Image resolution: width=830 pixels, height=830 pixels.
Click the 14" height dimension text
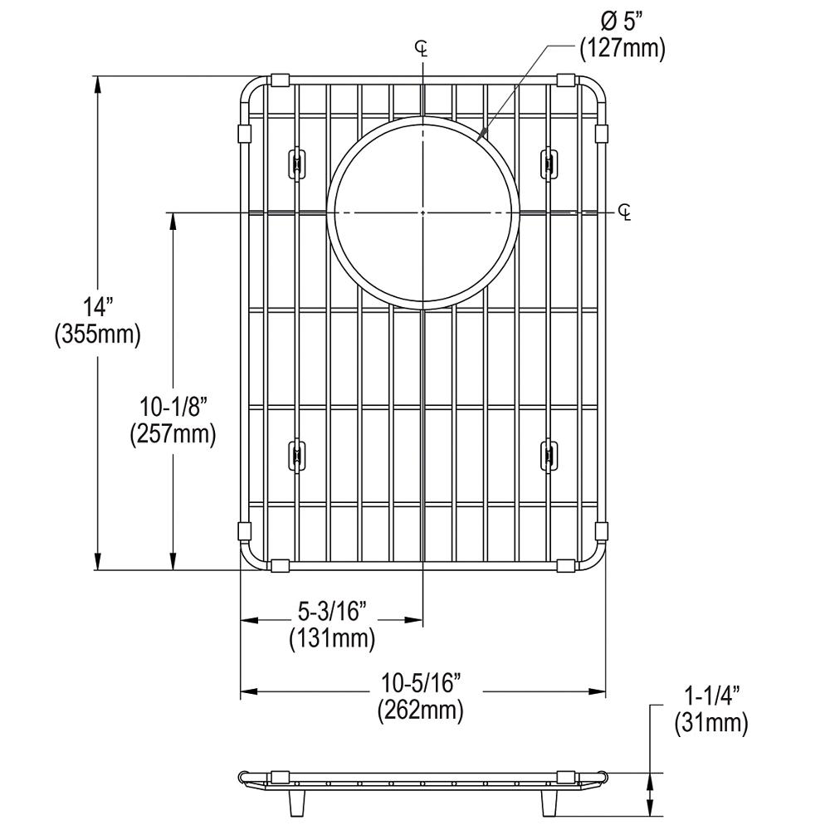pos(97,307)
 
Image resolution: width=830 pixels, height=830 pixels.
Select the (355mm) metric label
pos(97,334)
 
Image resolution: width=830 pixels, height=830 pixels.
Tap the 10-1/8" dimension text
pos(173,407)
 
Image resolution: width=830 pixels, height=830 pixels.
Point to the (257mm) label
pos(173,434)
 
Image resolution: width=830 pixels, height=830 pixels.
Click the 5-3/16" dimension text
pos(331,612)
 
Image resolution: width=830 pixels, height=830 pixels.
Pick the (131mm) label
pos(331,639)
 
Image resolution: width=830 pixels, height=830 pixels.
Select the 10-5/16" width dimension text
pos(421,683)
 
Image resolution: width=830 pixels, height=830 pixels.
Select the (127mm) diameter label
pos(622,48)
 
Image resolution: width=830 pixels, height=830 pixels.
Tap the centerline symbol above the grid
pos(422,49)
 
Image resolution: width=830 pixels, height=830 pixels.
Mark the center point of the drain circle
pos(422,213)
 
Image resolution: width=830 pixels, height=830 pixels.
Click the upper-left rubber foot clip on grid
pos(294,163)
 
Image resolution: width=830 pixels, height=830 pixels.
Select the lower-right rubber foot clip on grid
pos(549,456)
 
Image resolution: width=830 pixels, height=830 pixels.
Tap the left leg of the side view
pos(294,801)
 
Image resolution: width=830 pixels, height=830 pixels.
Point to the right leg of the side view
pos(549,801)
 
